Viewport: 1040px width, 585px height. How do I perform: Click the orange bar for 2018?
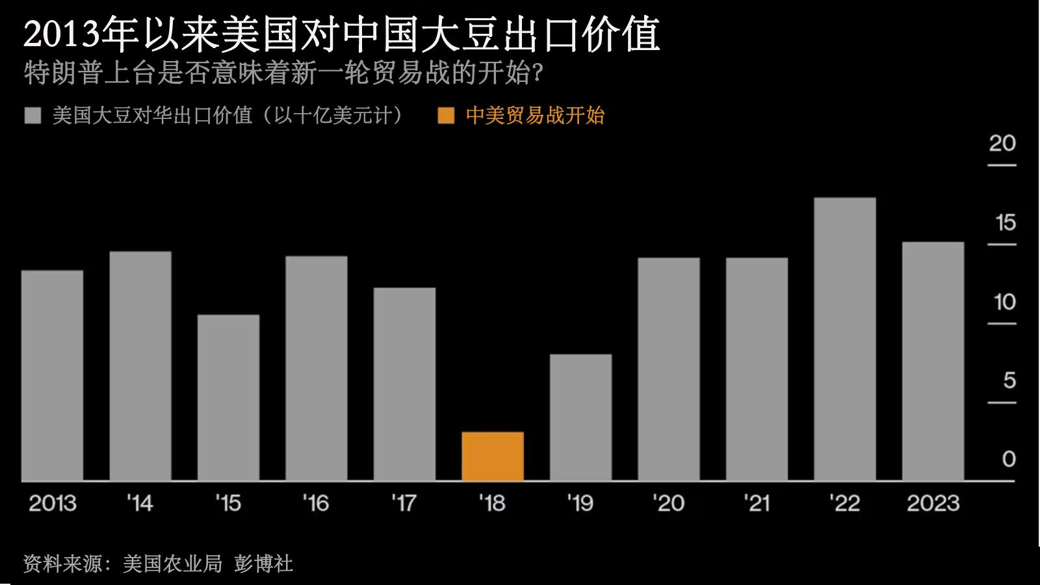(493, 456)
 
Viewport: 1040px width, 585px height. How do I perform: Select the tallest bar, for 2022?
(844, 339)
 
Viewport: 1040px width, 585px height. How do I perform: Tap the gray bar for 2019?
(580, 417)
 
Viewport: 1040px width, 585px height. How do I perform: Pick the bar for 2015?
(228, 398)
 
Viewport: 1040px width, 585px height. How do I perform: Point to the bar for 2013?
(52, 376)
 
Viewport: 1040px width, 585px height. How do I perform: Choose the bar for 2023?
(933, 361)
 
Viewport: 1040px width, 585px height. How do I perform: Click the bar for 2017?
(404, 384)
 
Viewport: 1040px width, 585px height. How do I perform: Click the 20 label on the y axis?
(1002, 144)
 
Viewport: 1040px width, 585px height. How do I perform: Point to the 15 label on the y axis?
(1005, 224)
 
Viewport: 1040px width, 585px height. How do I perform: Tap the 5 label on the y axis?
(1009, 381)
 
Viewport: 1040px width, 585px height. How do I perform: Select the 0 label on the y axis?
(1009, 460)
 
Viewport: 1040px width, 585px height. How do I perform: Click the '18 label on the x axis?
(492, 503)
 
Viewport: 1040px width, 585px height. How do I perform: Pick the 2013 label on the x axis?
(52, 503)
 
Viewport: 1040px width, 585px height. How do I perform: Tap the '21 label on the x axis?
(756, 503)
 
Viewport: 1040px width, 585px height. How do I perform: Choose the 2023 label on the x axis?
(933, 503)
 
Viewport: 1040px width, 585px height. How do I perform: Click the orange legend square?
(446, 116)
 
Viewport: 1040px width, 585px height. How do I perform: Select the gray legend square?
(32, 116)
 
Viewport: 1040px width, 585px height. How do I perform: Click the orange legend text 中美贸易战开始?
(535, 116)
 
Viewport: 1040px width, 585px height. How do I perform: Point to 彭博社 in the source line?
(263, 563)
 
